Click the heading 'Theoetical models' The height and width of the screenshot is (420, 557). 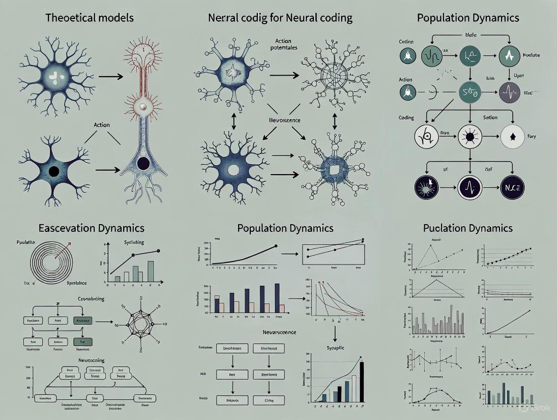tap(89, 18)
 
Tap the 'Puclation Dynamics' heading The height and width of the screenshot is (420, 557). tap(468, 228)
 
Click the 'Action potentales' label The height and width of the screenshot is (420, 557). tap(283, 44)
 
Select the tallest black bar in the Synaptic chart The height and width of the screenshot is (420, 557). tap(361, 382)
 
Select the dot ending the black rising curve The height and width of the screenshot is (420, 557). tap(276, 246)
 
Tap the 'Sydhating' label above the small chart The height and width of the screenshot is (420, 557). tap(134, 243)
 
